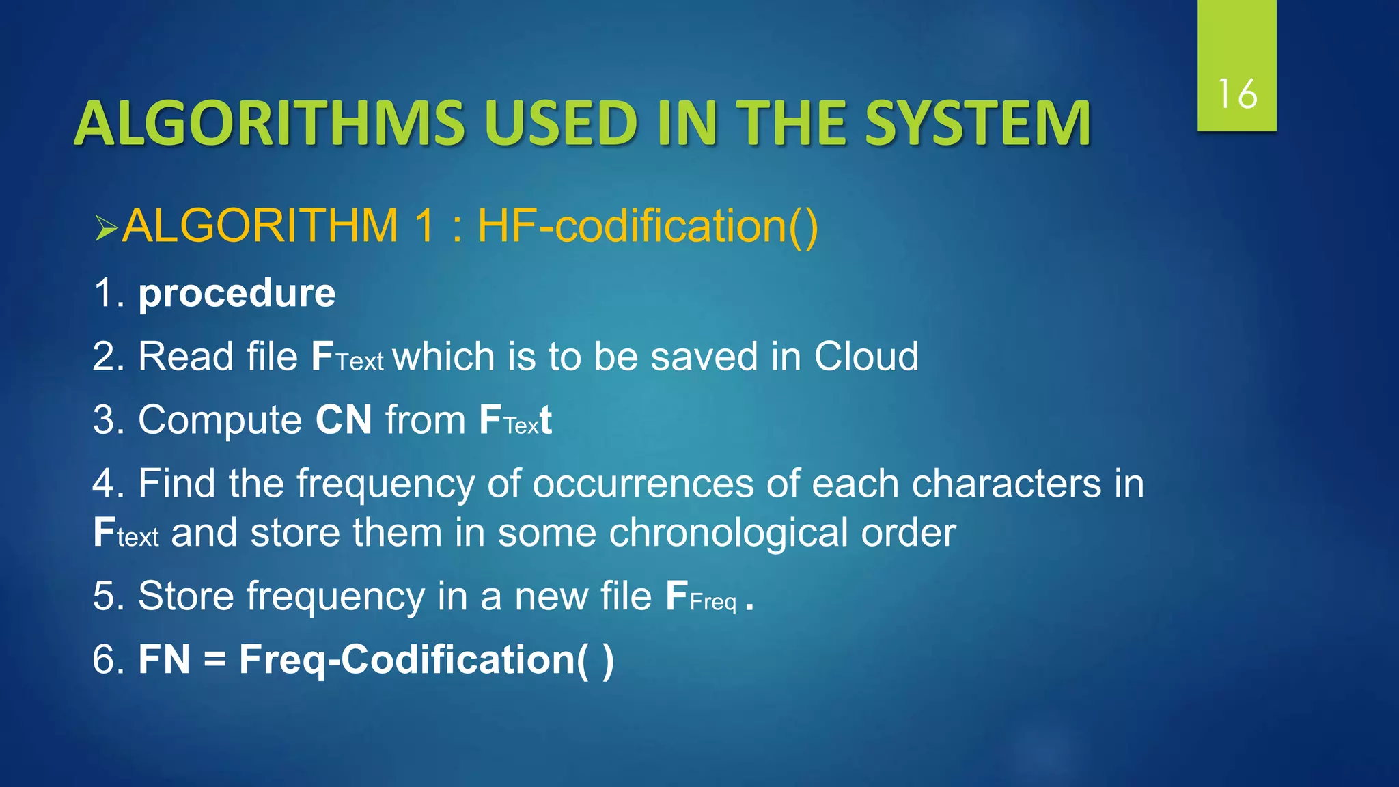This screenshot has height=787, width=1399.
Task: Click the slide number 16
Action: pyautogui.click(x=1237, y=94)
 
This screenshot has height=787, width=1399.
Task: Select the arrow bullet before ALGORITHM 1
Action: pyautogui.click(x=107, y=228)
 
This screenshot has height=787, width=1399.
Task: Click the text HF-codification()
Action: pyautogui.click(x=648, y=225)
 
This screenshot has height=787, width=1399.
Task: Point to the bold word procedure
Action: pyautogui.click(x=237, y=294)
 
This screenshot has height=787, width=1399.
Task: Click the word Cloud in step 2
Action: pyautogui.click(x=866, y=357)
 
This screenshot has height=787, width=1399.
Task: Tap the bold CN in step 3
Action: pyautogui.click(x=344, y=419)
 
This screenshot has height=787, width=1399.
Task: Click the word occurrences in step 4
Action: pyautogui.click(x=643, y=484)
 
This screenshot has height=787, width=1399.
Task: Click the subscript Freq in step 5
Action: pyautogui.click(x=713, y=603)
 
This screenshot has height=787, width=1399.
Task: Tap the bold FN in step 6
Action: pyautogui.click(x=164, y=660)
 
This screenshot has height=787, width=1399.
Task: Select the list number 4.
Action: pyautogui.click(x=105, y=484)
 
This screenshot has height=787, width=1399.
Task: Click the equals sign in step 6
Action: pyautogui.click(x=214, y=661)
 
